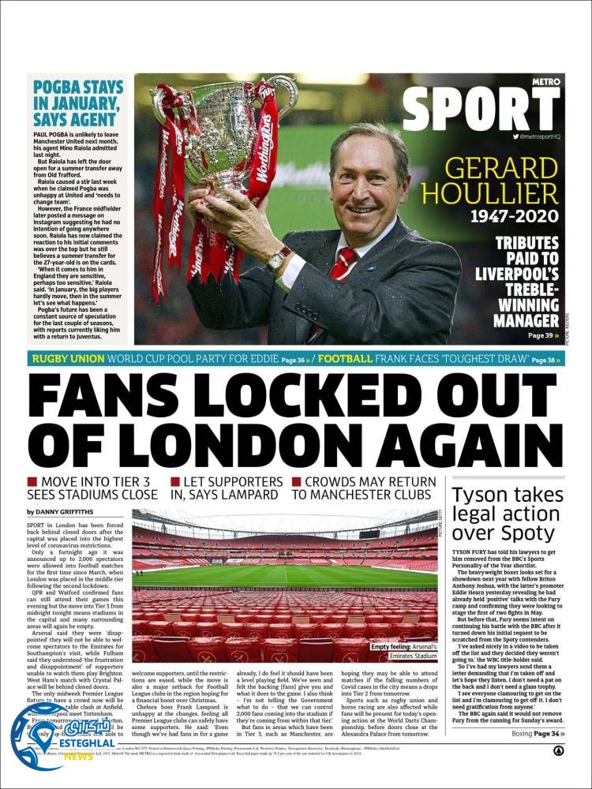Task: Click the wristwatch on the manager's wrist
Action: tap(279, 258)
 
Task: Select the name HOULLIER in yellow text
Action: tap(500, 193)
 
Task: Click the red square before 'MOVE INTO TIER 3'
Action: tap(32, 482)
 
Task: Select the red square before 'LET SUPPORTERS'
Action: tap(175, 482)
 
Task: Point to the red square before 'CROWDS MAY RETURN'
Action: tap(297, 482)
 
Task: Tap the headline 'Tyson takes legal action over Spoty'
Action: tap(506, 514)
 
